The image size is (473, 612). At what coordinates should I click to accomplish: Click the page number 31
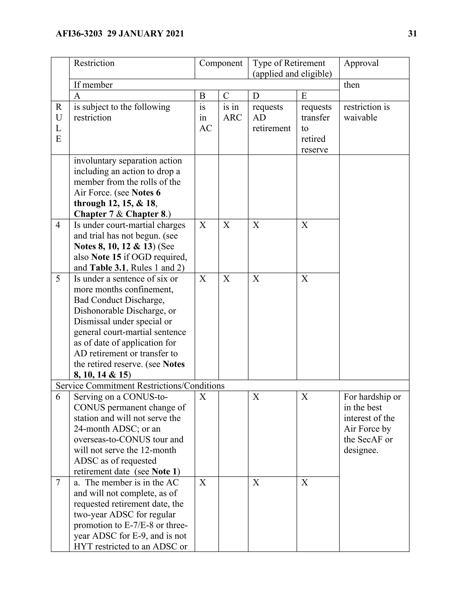412,34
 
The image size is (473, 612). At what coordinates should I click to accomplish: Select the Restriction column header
94,63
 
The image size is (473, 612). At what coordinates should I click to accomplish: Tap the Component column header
221,63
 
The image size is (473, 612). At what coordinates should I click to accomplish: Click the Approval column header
361,63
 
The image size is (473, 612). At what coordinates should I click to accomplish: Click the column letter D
256,96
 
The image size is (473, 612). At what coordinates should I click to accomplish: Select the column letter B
202,96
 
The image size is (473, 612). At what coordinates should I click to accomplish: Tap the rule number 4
58,225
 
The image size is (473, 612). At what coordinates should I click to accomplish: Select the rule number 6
58,397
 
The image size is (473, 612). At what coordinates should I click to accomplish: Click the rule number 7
58,482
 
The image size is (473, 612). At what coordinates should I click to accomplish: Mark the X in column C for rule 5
226,279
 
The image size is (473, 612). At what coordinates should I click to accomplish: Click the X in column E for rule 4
305,225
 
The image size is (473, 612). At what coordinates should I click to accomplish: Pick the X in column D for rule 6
256,397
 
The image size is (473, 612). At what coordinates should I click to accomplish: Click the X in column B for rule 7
203,482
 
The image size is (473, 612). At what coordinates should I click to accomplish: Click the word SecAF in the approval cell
372,439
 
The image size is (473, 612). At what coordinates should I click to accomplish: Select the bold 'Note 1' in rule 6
164,472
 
